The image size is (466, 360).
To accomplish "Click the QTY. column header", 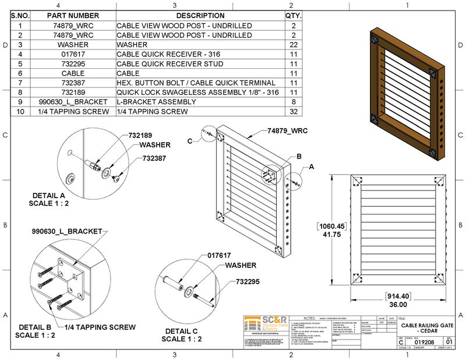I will coord(292,16).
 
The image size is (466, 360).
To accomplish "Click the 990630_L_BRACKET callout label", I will coord(66,231).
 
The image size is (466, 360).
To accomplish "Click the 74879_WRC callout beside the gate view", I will coord(288,132).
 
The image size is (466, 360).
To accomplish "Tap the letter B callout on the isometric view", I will coord(299,157).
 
